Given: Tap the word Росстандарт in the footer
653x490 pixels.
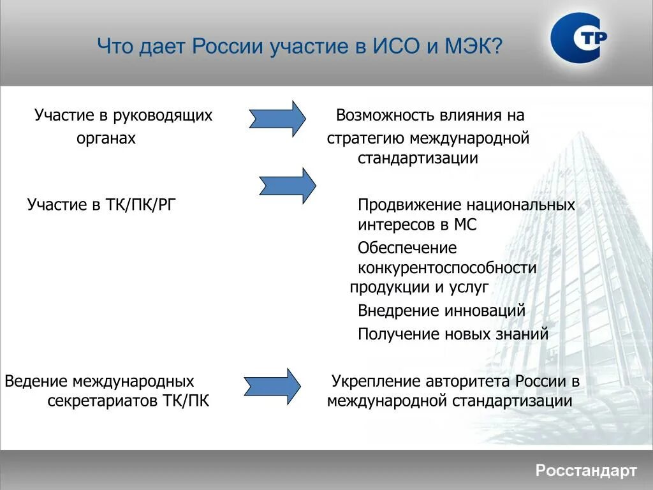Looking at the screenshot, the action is pyautogui.click(x=585, y=471).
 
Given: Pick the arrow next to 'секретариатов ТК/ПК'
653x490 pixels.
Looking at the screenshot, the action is pyautogui.click(x=272, y=385).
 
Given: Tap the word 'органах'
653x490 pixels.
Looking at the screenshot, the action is pyautogui.click(x=106, y=138).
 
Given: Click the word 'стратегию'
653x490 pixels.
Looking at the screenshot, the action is pyautogui.click(x=364, y=138).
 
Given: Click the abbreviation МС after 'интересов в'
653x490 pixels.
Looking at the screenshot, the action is pyautogui.click(x=466, y=225).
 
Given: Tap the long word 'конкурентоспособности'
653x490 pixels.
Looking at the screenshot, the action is pyautogui.click(x=446, y=268).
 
